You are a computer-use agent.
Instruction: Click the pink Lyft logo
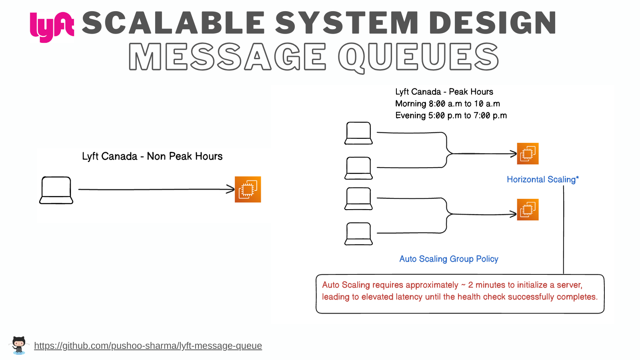click(52, 26)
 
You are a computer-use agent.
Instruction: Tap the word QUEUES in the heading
click(418, 57)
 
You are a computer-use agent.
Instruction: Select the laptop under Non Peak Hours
click(56, 190)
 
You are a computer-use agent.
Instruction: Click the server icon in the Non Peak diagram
click(248, 189)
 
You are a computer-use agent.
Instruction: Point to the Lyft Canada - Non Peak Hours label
click(152, 156)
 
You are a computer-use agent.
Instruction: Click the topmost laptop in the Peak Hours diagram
click(359, 133)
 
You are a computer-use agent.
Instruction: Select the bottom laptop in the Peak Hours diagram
click(359, 234)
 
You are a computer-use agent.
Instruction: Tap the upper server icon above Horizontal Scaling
click(528, 154)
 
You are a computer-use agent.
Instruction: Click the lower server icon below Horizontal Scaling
click(528, 210)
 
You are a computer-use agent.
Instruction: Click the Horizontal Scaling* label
click(542, 180)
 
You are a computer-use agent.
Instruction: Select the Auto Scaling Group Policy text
click(449, 259)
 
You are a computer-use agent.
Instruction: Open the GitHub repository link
click(148, 346)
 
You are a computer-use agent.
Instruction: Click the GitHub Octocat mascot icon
click(18, 345)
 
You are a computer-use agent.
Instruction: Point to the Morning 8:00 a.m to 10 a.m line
click(447, 104)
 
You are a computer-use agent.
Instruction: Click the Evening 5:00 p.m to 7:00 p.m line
click(451, 116)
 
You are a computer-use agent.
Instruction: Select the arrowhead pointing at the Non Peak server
click(231, 189)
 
